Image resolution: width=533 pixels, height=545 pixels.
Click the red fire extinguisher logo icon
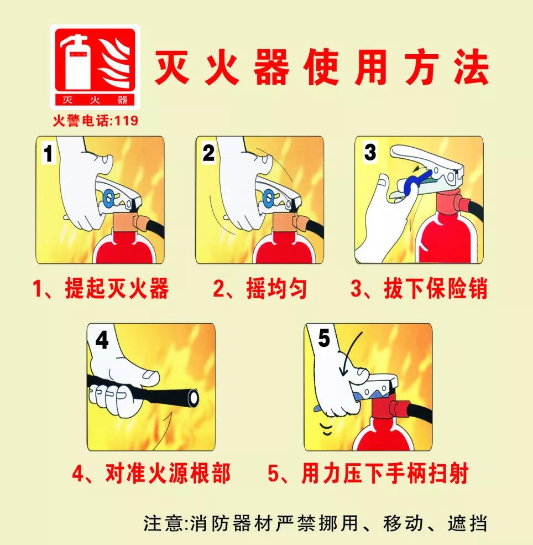95,66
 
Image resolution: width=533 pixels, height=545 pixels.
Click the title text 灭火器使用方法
321,68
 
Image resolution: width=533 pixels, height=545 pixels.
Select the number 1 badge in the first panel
49,153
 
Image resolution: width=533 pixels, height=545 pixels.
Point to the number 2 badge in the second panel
208,153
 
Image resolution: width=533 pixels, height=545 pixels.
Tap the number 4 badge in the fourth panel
102,340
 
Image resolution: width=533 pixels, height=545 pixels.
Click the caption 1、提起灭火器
100,289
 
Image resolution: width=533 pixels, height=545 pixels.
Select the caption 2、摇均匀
260,289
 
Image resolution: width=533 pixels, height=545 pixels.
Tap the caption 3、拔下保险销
419,289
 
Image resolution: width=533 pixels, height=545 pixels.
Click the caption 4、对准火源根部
151,474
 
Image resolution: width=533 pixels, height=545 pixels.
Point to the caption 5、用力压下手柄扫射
368,474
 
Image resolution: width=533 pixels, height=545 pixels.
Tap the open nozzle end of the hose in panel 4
194,397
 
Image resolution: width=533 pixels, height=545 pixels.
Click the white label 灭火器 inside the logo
95,100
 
